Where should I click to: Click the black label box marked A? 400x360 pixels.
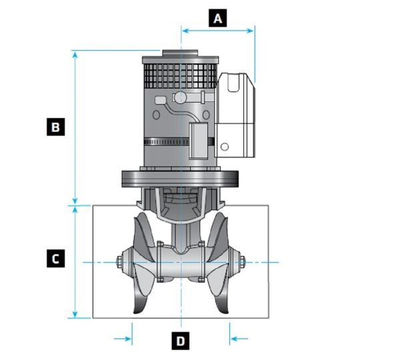[x=217, y=18]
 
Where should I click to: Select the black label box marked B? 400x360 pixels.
[x=55, y=127]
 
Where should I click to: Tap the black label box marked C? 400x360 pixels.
[x=55, y=259]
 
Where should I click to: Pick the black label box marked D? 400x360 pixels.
[x=181, y=341]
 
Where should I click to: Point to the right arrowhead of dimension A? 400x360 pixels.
[x=250, y=31]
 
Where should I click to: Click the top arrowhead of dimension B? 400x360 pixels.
[x=75, y=54]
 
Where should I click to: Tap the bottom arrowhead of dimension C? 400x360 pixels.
[x=75, y=314]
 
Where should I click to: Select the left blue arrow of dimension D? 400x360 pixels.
[x=123, y=339]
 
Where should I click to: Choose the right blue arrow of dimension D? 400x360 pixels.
[x=239, y=339]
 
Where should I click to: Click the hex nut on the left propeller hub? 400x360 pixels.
[x=119, y=262]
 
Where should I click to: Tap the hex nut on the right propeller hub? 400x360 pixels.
[x=243, y=262]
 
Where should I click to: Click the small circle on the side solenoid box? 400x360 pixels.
[x=225, y=147]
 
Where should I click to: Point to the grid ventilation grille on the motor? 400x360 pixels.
[x=180, y=76]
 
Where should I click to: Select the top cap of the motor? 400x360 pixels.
[x=180, y=53]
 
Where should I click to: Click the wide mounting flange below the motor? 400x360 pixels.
[x=180, y=179]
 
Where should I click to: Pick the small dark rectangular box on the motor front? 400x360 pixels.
[x=198, y=141]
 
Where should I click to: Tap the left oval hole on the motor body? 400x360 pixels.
[x=156, y=115]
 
